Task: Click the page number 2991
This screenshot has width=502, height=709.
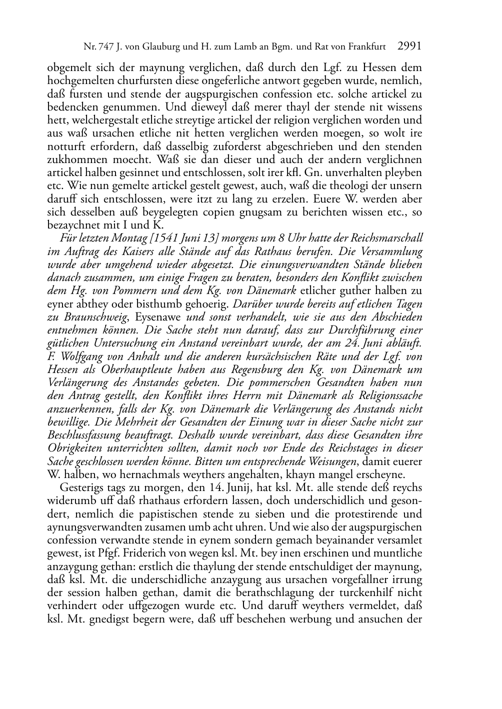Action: pyautogui.click(x=409, y=47)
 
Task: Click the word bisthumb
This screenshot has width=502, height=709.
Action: pyautogui.click(x=139, y=303)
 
